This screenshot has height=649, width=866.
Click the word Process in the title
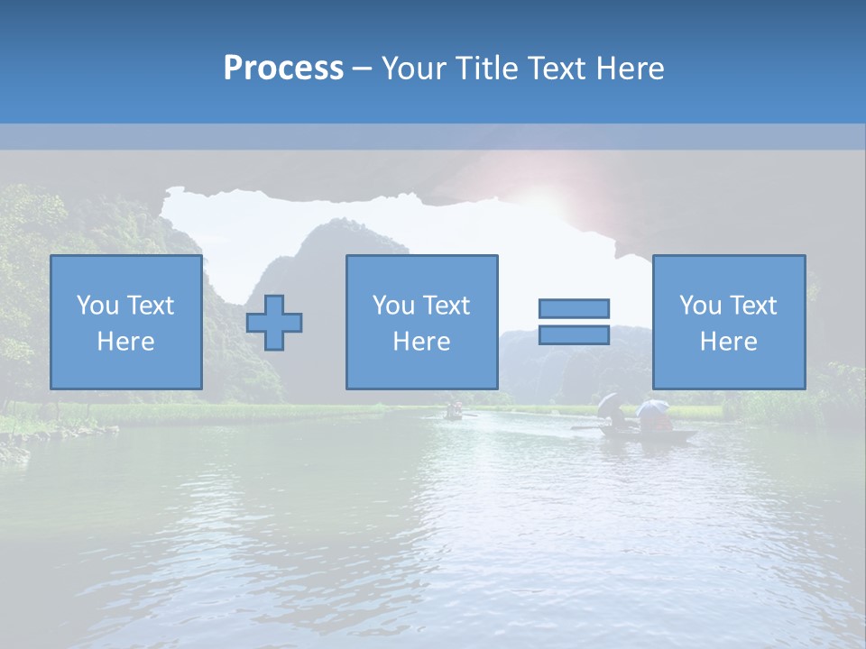[x=283, y=69]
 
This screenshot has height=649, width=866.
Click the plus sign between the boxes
[x=274, y=323]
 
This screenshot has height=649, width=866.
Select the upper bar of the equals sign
[x=574, y=308]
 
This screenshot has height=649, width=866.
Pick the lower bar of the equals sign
[x=574, y=335]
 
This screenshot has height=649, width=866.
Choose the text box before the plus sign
[x=125, y=323]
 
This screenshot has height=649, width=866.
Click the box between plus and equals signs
[x=421, y=323]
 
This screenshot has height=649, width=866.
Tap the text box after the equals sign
[x=728, y=323]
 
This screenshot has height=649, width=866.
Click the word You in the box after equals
[x=700, y=306]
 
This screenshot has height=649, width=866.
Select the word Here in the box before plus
[x=125, y=342]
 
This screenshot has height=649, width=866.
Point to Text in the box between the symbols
[x=447, y=306]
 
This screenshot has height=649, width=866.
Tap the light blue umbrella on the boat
[x=651, y=407]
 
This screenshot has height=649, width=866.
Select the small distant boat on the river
[x=454, y=414]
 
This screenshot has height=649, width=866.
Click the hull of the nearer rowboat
[x=649, y=435]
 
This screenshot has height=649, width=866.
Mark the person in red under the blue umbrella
[x=658, y=422]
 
